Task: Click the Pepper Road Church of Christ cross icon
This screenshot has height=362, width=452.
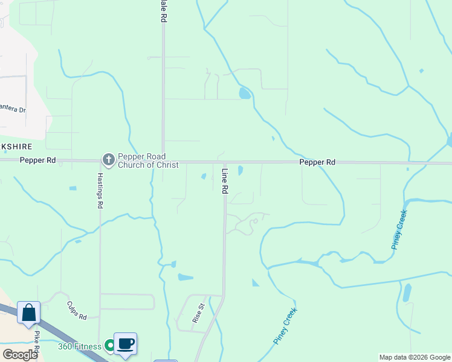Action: pos(109,160)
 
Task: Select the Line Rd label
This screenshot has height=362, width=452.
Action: pos(224,180)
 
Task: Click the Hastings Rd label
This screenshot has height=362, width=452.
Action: pos(100,191)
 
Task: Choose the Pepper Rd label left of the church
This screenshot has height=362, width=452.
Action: pos(37,160)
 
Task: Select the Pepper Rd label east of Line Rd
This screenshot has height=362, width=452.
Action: pos(317,162)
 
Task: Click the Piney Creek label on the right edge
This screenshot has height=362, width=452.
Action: pos(399,229)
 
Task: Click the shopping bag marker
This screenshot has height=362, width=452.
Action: pos(28,313)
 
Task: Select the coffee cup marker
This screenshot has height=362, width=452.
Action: pos(125,344)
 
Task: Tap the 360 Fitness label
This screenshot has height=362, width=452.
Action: pos(79,346)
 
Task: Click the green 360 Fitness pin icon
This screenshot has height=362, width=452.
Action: pos(109,346)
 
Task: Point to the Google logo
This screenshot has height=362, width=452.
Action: pos(20,354)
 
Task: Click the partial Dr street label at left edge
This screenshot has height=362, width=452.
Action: pos(13,110)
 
